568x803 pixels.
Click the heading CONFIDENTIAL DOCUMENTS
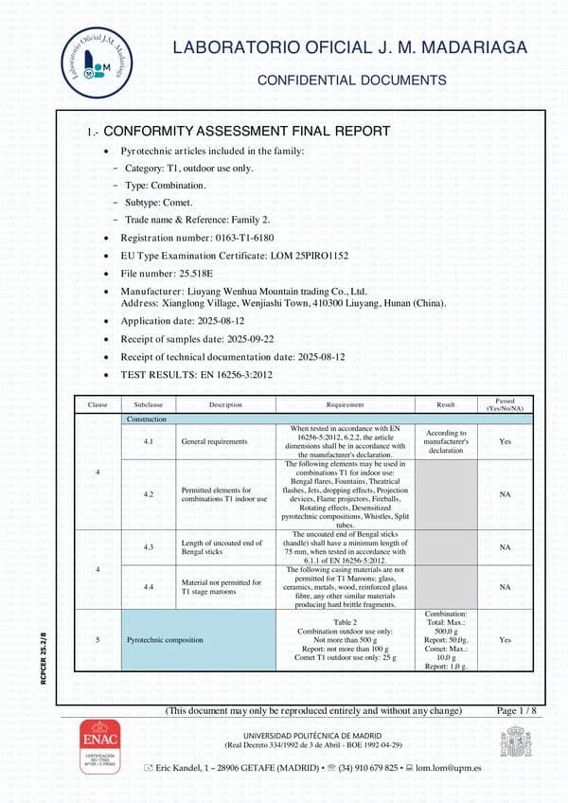(352, 80)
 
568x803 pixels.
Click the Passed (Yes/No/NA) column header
(505, 404)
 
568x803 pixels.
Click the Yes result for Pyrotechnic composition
(505, 640)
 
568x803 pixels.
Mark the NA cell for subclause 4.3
(505, 547)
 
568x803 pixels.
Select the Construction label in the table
(147, 419)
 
